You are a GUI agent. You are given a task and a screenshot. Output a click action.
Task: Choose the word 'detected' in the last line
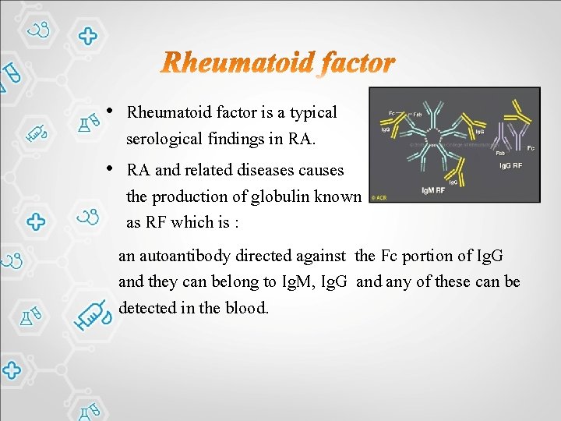(147, 308)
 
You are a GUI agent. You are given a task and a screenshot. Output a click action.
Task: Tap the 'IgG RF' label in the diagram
(511, 165)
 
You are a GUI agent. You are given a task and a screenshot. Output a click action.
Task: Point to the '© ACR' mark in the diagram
(379, 196)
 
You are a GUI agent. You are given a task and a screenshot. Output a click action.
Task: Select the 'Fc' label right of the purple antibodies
(531, 147)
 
